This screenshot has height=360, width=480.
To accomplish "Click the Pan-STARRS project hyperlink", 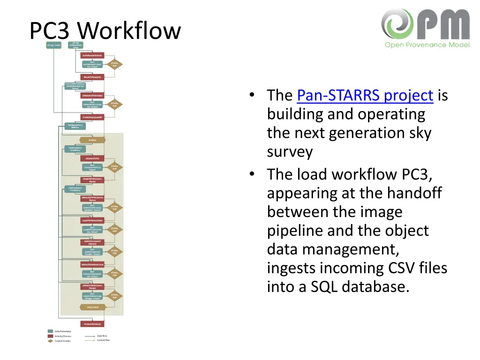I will click(365, 96).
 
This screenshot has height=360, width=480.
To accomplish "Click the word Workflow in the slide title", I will click(129, 31).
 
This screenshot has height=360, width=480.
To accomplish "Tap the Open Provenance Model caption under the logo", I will click(427, 45).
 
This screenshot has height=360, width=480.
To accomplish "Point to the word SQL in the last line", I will click(325, 287).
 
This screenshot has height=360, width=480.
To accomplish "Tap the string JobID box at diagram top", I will click(53, 45).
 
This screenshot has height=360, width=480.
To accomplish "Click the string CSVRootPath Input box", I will click(75, 45).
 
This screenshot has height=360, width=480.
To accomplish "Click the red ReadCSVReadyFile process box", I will click(92, 76).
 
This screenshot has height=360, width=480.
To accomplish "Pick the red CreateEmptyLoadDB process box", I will click(92, 117).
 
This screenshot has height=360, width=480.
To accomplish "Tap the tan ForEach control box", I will click(92, 140).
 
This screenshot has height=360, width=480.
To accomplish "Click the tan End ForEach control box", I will click(92, 307).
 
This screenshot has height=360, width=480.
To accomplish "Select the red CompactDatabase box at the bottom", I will click(92, 324).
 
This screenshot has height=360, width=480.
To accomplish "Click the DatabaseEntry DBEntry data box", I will click(75, 126).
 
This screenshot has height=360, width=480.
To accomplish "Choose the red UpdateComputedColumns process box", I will click(92, 242).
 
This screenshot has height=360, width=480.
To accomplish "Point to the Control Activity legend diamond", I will click(50, 341).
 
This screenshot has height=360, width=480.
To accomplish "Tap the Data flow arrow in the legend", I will click(90, 336).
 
